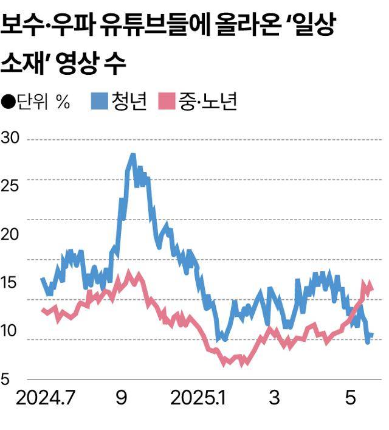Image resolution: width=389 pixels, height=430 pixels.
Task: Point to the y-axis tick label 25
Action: pos(12,186)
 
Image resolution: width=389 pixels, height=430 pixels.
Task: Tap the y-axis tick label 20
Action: pos(12,234)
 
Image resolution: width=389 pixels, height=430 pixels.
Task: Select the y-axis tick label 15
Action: pos(12,283)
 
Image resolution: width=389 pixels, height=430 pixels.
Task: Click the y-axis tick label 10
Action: pos(12,331)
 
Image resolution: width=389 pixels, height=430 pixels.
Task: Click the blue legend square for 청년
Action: pos(99,102)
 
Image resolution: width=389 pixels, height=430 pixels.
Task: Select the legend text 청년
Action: pos(129,102)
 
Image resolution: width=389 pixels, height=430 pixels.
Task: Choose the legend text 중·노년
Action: pos(207,102)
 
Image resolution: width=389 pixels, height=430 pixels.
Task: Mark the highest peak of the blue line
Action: pos(132,156)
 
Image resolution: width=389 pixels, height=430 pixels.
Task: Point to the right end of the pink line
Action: pos(371,289)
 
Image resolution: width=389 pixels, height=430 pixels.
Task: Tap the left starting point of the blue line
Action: pos(42,279)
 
